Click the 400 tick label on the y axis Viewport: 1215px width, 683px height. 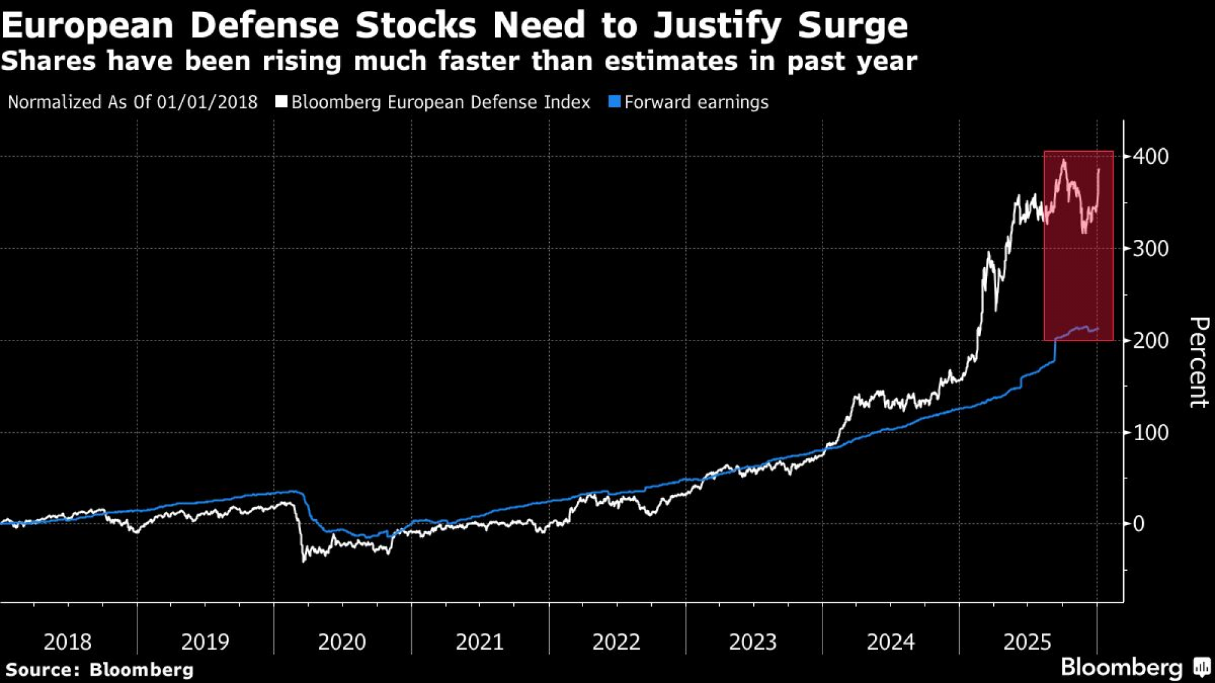point(1151,157)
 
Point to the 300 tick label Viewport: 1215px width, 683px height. point(1151,248)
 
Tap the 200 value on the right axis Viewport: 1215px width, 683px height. point(1151,341)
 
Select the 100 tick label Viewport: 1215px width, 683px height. point(1151,433)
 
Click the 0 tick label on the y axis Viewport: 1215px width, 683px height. point(1139,524)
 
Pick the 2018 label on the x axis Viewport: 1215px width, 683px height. point(67,642)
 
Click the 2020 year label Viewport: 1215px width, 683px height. point(342,642)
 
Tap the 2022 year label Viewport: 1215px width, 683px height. point(616,642)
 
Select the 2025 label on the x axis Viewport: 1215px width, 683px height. point(1027,642)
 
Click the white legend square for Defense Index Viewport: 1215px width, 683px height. point(281,101)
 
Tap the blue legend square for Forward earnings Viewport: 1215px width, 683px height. point(614,101)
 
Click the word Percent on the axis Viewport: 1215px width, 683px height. point(1198,362)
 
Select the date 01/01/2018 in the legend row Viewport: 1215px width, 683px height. point(207,102)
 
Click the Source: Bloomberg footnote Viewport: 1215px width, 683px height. point(100,670)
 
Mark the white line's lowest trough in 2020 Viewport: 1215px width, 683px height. point(304,561)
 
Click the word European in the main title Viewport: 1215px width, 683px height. point(87,25)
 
